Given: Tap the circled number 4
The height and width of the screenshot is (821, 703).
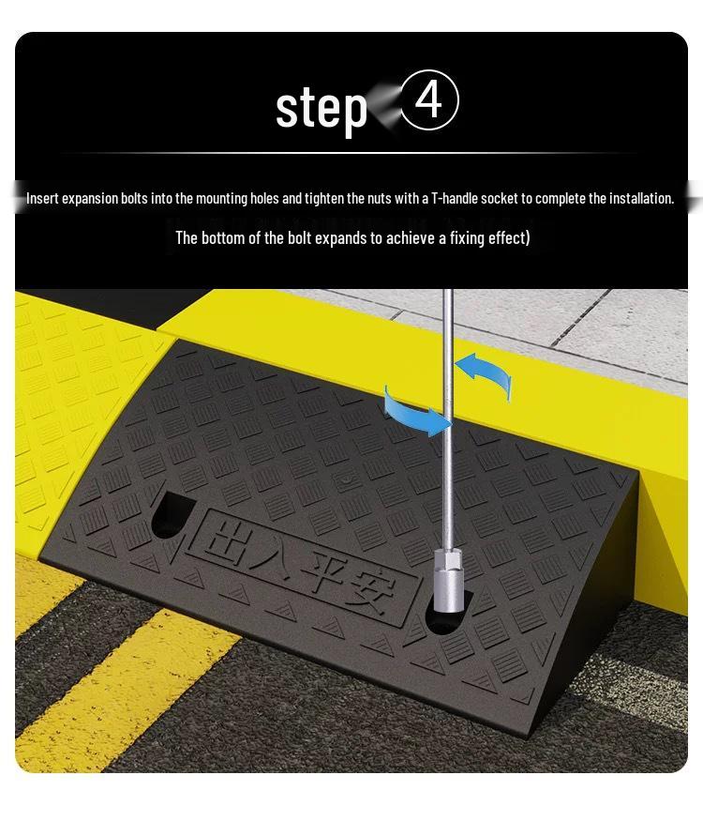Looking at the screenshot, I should tap(429, 100).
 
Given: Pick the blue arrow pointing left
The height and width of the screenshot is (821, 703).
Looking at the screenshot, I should tap(484, 373).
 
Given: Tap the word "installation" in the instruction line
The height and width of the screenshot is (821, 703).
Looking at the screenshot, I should tap(640, 198).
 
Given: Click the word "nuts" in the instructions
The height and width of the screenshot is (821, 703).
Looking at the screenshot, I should tap(384, 198).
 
